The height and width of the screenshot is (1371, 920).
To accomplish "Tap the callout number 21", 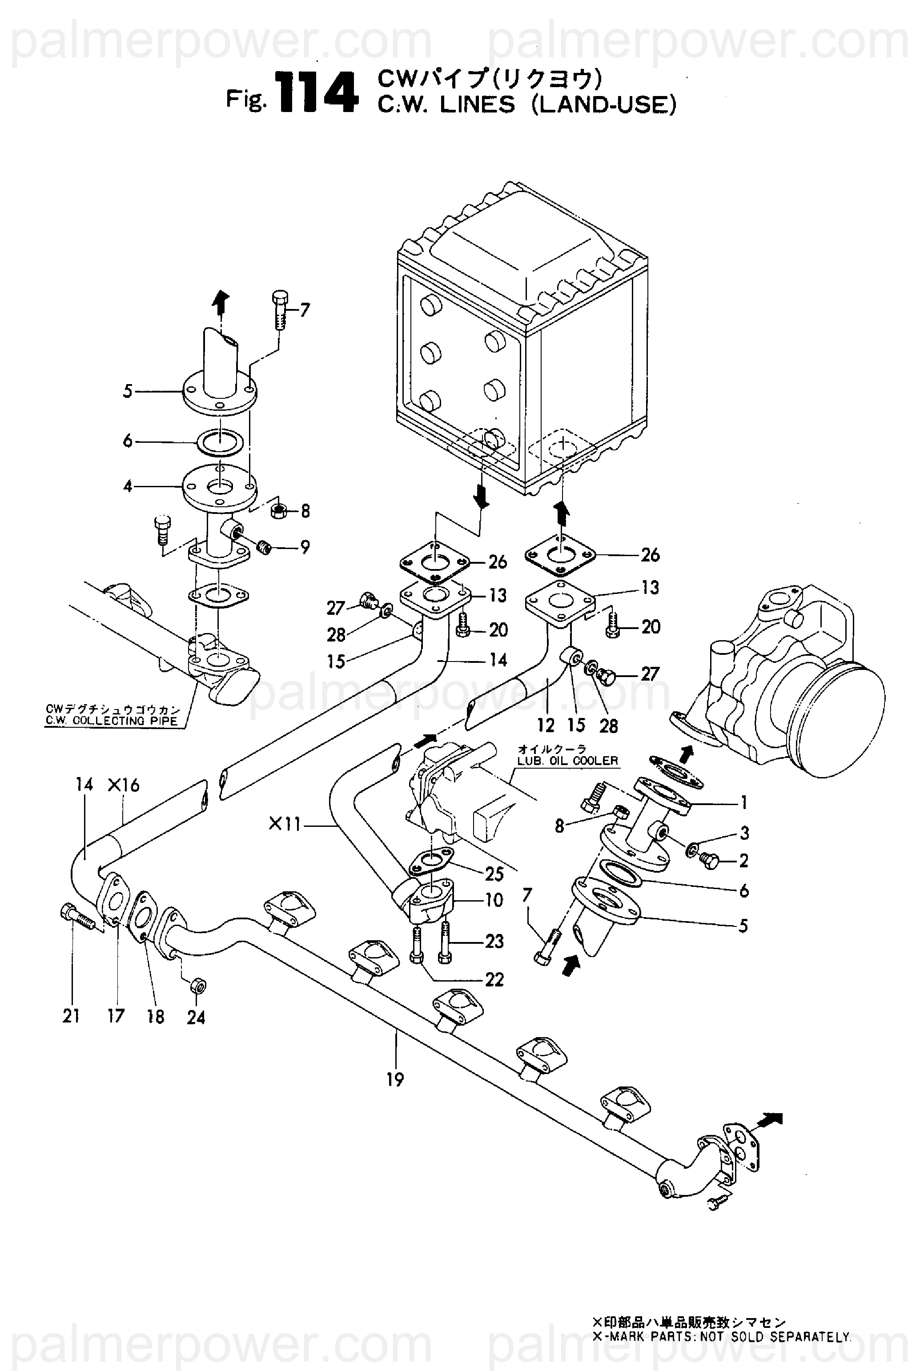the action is coord(71,1016).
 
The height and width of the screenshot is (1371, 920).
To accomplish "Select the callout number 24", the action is coord(196,1017).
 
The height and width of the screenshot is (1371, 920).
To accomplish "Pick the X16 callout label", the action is coord(124,785).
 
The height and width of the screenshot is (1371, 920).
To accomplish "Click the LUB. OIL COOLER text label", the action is coord(568,761).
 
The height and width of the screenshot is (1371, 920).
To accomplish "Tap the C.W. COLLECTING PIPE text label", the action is coord(112,721).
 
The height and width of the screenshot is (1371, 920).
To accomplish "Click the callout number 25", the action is coord(494,874).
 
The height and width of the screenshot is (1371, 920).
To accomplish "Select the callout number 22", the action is coord(494,980).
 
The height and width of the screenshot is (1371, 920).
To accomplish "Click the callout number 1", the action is coord(743,802).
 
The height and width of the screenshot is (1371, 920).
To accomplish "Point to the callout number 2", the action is coord(744,861).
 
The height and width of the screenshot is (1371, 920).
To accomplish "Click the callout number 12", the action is coord(546,726).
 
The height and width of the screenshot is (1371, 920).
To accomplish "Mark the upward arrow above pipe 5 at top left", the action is coord(220,305).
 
